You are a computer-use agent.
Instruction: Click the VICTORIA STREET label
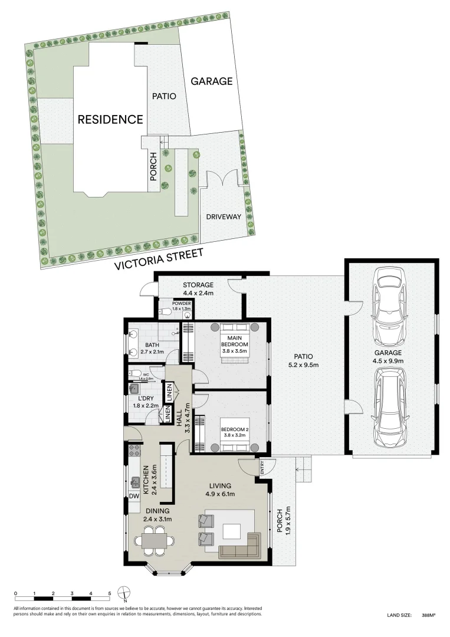click(159, 260)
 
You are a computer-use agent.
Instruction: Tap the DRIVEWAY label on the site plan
click(224, 216)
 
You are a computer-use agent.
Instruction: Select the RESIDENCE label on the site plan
click(110, 119)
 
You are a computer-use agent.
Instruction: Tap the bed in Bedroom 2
click(234, 428)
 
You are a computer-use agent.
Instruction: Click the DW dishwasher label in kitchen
click(134, 497)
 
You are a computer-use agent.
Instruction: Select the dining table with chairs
click(154, 541)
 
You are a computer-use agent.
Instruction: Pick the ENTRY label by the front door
click(262, 467)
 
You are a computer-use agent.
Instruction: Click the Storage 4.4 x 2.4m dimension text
click(198, 293)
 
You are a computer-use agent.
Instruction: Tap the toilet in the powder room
click(166, 311)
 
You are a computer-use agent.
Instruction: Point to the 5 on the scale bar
click(110, 593)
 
